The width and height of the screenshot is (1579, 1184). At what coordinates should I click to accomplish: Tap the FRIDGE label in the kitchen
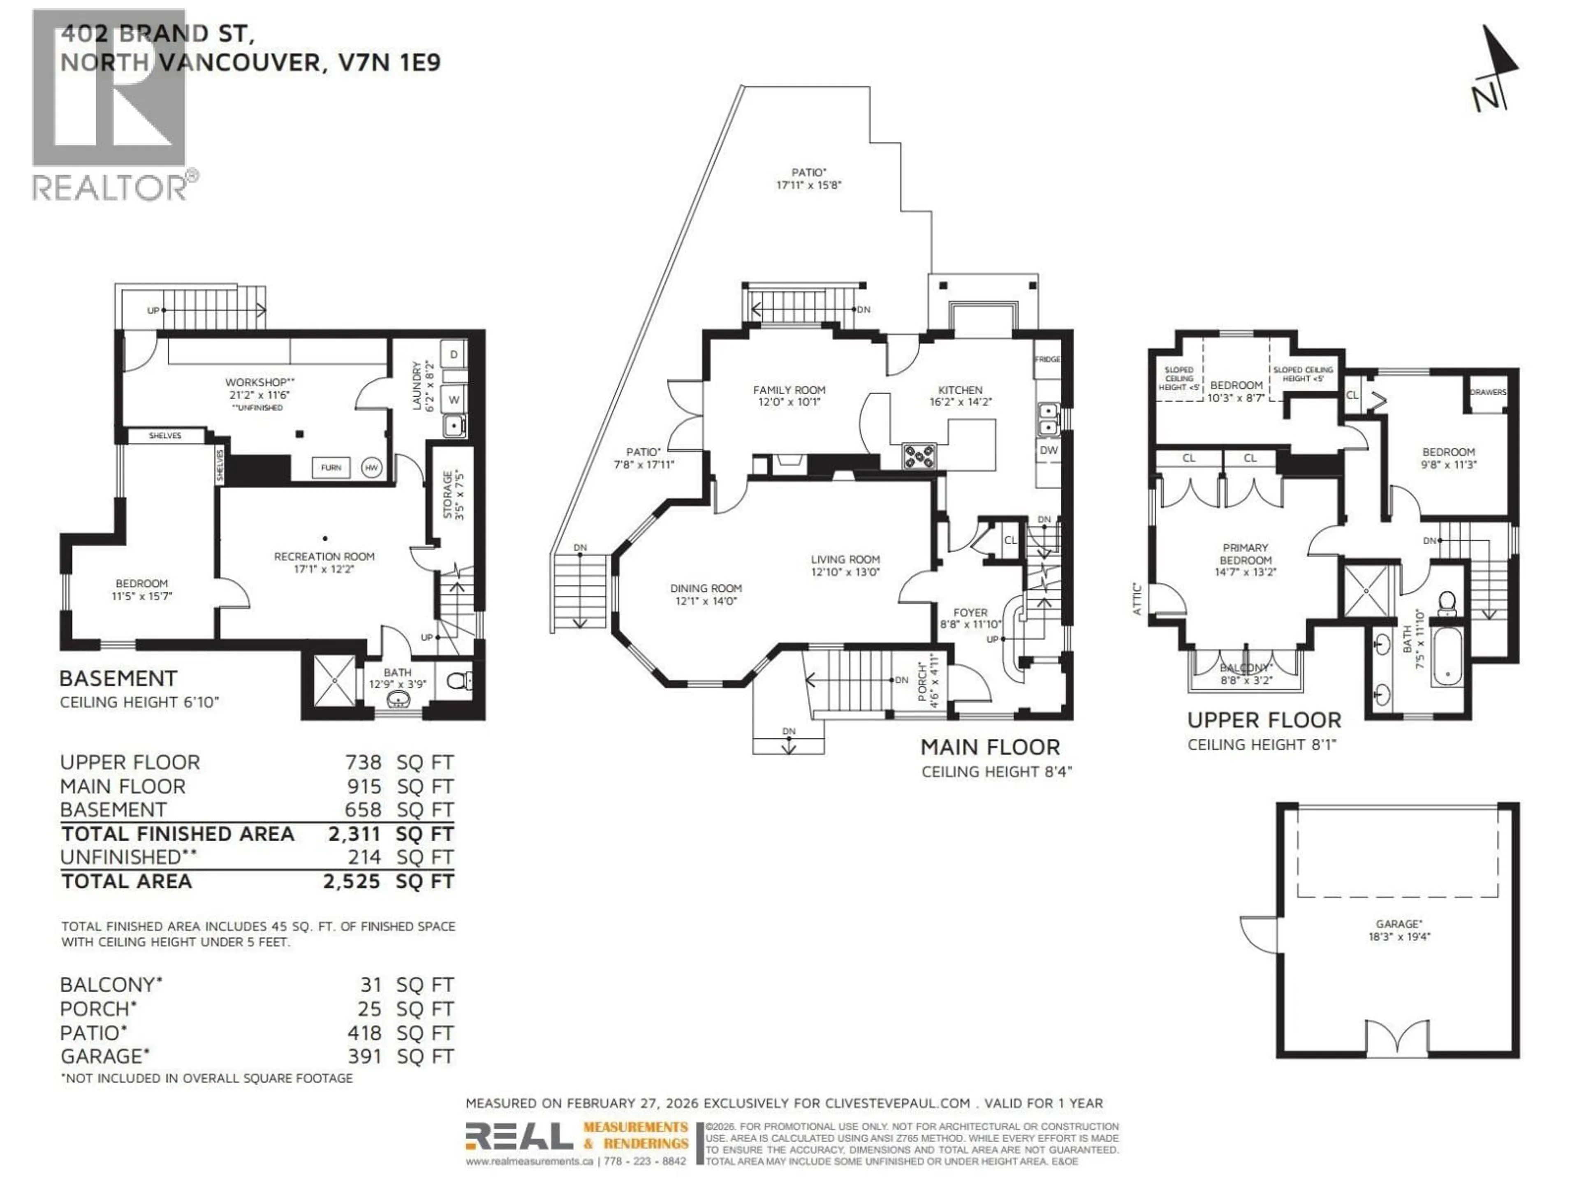1047,359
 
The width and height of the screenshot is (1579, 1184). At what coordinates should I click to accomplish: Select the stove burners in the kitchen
919,456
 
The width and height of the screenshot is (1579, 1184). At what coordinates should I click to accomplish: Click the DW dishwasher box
1048,450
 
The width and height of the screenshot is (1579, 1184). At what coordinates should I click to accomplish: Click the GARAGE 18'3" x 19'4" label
1399,931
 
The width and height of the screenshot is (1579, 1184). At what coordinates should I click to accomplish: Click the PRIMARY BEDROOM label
1245,560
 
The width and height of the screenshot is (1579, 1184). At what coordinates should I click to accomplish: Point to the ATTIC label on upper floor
1137,599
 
